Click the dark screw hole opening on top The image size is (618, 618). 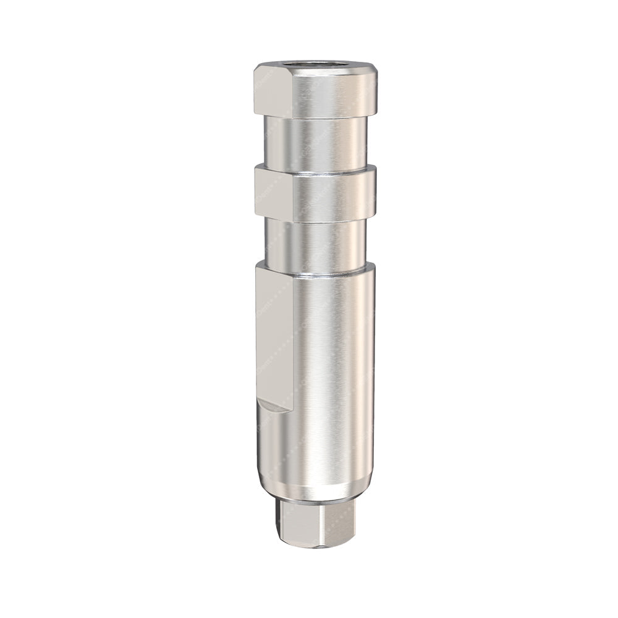(315, 64)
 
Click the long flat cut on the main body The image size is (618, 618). (274, 334)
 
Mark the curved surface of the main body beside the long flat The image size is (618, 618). (334, 371)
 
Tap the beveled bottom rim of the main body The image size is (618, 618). (315, 491)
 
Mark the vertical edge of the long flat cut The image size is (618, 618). (294, 334)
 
